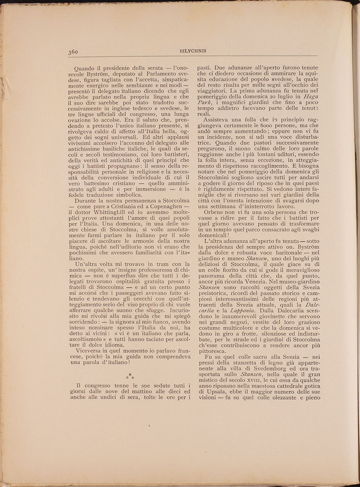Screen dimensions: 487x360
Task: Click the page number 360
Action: [73, 51]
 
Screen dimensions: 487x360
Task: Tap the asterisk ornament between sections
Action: [130, 376]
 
